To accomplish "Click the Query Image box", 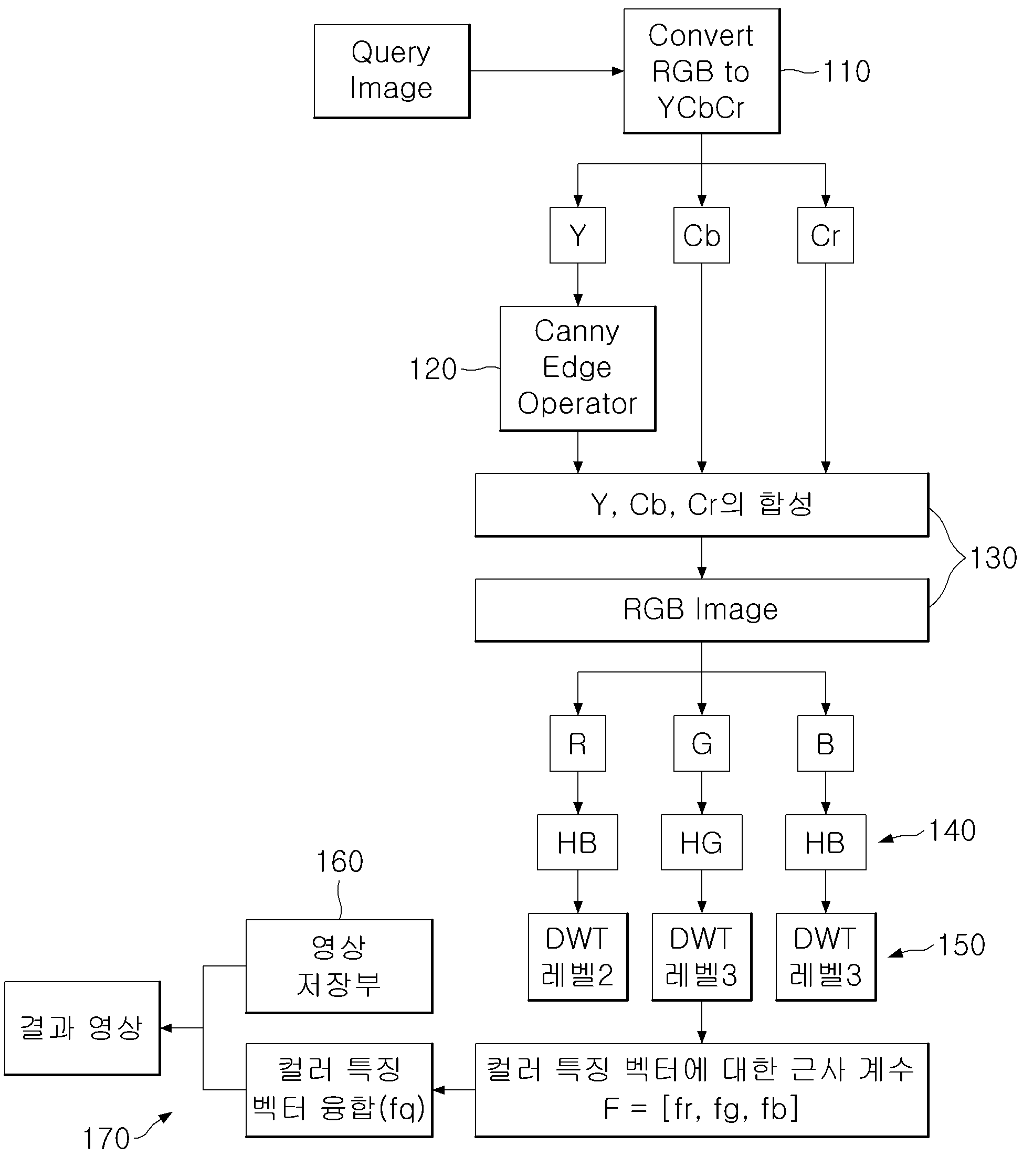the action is (392, 71).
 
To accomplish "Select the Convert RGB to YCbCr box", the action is (702, 71).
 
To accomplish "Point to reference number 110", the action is (847, 72).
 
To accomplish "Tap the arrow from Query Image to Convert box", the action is (547, 71).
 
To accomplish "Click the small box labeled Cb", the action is (702, 235).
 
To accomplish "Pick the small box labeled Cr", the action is (826, 235).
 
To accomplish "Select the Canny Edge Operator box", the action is (578, 369).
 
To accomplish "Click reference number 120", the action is (433, 370).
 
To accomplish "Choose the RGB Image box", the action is (702, 611).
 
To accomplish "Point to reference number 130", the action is (993, 559).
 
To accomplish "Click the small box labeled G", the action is (702, 743).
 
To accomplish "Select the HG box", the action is (702, 843).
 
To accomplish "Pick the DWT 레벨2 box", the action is (578, 957).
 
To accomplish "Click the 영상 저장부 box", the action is (339, 966).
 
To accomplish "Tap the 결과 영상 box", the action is (82, 1028).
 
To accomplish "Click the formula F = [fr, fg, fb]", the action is (701, 1109).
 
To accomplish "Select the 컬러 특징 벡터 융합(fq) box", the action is (339, 1090).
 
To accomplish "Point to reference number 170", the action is (106, 1139).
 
